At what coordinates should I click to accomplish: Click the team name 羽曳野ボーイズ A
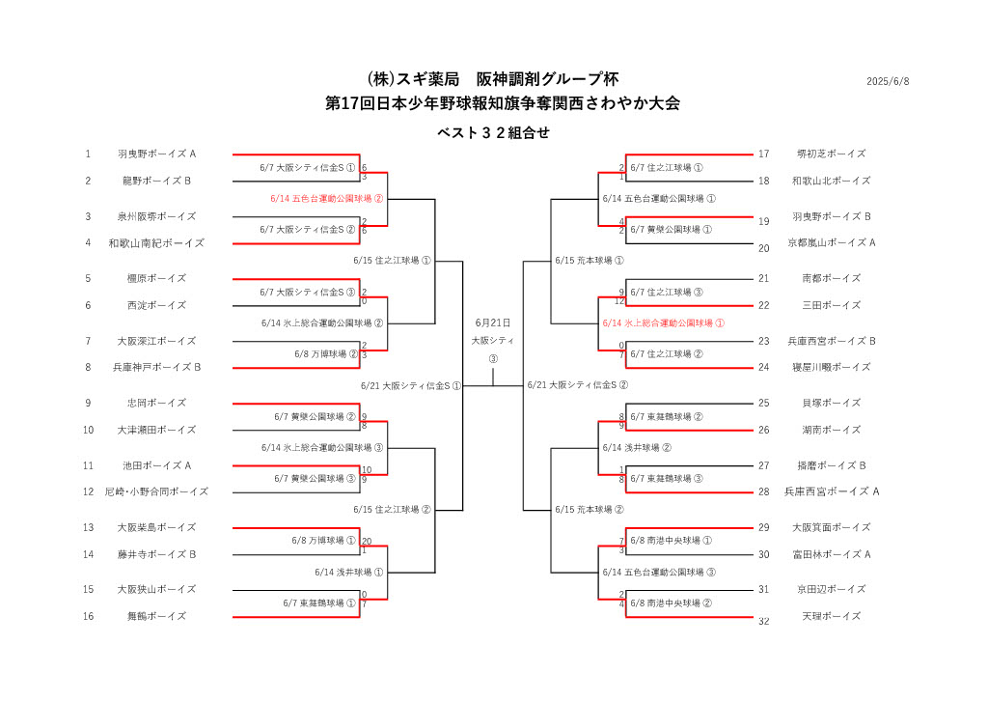point(157,154)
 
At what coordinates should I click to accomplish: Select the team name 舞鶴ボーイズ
point(157,617)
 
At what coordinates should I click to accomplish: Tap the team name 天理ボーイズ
point(831,617)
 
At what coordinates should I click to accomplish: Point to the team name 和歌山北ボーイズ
point(831,181)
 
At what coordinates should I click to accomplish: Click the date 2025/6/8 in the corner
point(888,81)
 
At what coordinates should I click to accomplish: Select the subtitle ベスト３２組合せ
point(493,132)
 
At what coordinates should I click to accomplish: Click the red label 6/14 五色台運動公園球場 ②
point(326,199)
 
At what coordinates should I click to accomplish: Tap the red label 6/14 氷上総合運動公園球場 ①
point(664,323)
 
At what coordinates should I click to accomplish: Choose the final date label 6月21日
point(493,322)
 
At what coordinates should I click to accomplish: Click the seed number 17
point(764,154)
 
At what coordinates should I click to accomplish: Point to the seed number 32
point(764,622)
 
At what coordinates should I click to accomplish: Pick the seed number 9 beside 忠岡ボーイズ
point(88,403)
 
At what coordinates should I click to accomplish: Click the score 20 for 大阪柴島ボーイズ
point(367,542)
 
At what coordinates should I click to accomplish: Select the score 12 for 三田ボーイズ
point(619,301)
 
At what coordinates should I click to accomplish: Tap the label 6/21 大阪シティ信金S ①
point(411,386)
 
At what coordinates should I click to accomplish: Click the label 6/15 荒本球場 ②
point(590,510)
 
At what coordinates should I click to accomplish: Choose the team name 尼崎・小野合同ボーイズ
point(157,491)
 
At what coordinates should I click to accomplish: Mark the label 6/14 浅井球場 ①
point(349,573)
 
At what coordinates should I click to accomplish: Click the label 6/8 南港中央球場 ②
point(672,603)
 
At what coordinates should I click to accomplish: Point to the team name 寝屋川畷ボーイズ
point(831,367)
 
